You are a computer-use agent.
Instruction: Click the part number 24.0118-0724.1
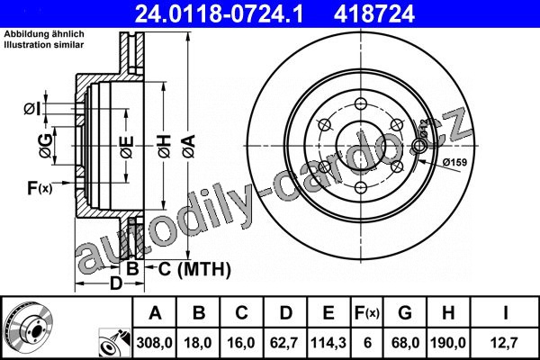tap(219, 14)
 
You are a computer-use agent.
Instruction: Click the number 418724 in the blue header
tap(373, 14)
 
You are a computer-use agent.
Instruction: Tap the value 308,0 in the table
tap(154, 343)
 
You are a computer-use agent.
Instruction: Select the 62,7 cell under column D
tap(284, 343)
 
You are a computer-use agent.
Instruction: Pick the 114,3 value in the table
tap(328, 343)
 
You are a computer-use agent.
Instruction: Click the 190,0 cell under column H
tap(448, 343)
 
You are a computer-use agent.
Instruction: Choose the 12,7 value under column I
tap(505, 343)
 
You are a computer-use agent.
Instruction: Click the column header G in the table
tap(405, 313)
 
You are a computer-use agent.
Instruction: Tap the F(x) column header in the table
tap(367, 313)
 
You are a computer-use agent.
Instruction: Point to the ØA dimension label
tap(189, 147)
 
